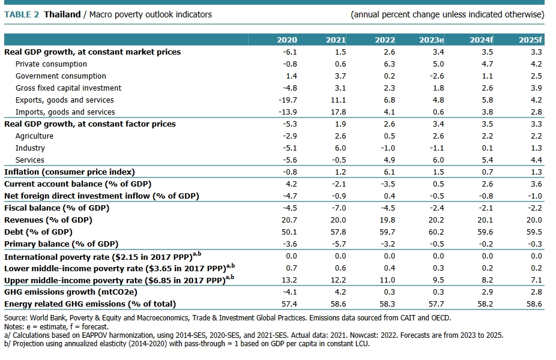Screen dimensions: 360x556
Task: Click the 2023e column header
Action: pyautogui.click(x=432, y=40)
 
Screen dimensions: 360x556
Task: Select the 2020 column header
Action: pyautogui.click(x=287, y=40)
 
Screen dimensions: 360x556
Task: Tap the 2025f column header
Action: pyautogui.click(x=530, y=40)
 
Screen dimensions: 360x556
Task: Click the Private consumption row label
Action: pyautogui.click(x=51, y=64)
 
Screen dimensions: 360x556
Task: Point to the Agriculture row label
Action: pyautogui.click(x=34, y=136)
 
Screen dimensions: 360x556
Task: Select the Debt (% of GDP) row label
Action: pyautogui.click(x=38, y=232)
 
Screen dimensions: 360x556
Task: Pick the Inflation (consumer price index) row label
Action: pyautogui.click(x=70, y=172)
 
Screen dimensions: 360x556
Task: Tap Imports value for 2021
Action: pyautogui.click(x=337, y=112)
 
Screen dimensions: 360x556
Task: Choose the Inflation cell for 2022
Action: pyautogui.click(x=388, y=172)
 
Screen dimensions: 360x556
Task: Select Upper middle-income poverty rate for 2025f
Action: pyautogui.click(x=536, y=280)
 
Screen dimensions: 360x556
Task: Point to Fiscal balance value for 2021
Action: pyautogui.click(x=339, y=208)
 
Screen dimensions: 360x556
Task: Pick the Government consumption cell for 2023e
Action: pyautogui.click(x=437, y=76)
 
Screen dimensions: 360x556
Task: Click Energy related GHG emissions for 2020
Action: pyautogui.click(x=289, y=304)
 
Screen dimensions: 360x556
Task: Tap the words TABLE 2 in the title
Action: pyautogui.click(x=22, y=14)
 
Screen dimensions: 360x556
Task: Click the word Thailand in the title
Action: pyautogui.click(x=62, y=14)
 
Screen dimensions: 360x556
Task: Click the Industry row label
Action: pyautogui.click(x=30, y=148)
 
